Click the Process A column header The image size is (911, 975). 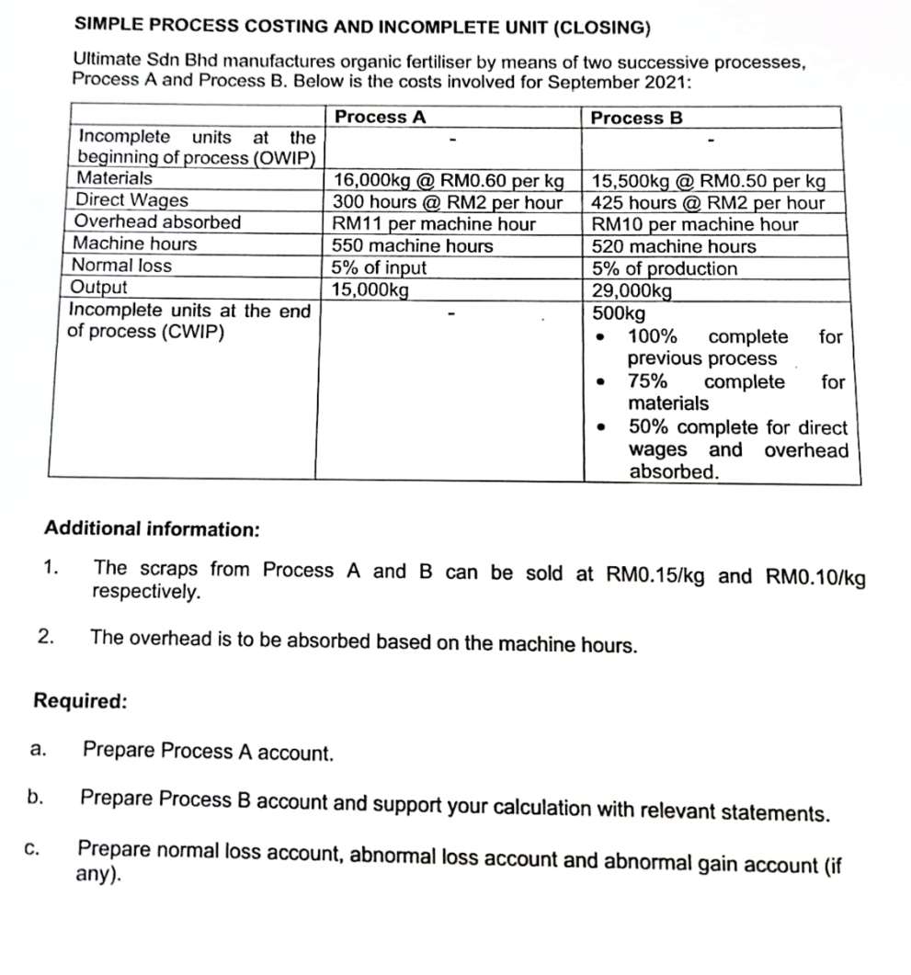click(380, 118)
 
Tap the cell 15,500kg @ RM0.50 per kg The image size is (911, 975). click(708, 181)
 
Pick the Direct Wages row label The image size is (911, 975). click(131, 200)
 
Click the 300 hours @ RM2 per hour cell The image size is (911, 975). click(448, 202)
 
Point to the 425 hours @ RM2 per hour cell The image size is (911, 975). click(708, 203)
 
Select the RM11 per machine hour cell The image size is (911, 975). click(434, 224)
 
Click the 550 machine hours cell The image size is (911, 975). click(413, 246)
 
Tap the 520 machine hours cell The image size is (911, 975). click(674, 246)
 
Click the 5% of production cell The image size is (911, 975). click(664, 269)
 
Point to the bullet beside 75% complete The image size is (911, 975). click(601, 382)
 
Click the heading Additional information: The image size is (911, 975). click(152, 530)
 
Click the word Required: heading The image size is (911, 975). click(80, 701)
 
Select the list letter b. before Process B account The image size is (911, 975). click(36, 798)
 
